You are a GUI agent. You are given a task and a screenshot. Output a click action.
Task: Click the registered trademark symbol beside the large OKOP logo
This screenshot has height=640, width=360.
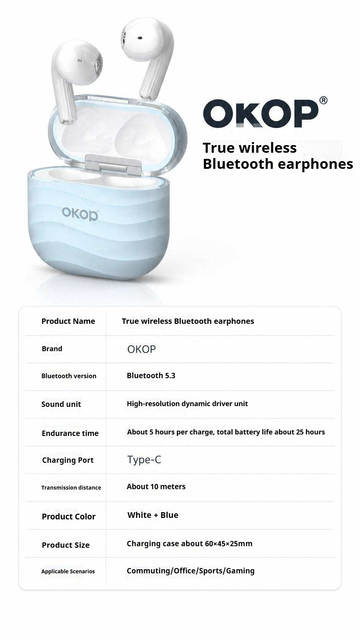323,100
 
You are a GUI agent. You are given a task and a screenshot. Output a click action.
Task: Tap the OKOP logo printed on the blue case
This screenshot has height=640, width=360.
80,214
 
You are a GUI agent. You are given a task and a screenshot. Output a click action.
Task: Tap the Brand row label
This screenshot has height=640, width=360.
52,349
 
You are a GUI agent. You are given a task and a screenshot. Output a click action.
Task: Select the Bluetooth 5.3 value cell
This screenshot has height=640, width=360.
151,376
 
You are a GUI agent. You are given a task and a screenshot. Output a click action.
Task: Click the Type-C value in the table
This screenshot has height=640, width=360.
144,460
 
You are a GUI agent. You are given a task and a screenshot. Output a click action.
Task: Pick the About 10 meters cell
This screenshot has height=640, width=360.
156,487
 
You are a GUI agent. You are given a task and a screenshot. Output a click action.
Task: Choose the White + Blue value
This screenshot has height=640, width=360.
153,515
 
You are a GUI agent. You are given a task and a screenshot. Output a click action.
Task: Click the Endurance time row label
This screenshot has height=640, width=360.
70,433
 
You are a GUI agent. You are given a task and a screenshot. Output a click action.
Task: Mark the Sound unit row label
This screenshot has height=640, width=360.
61,404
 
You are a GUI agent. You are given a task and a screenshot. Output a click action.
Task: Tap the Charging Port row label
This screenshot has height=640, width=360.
68,460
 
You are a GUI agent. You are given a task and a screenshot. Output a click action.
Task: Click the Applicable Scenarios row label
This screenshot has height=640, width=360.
68,571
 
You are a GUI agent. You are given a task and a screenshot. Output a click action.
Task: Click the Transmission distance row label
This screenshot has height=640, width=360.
71,487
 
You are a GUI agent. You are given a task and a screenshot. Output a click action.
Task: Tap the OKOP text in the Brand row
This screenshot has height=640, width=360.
142,349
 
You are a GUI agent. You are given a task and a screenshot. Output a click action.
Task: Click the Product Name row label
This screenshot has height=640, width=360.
68,321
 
